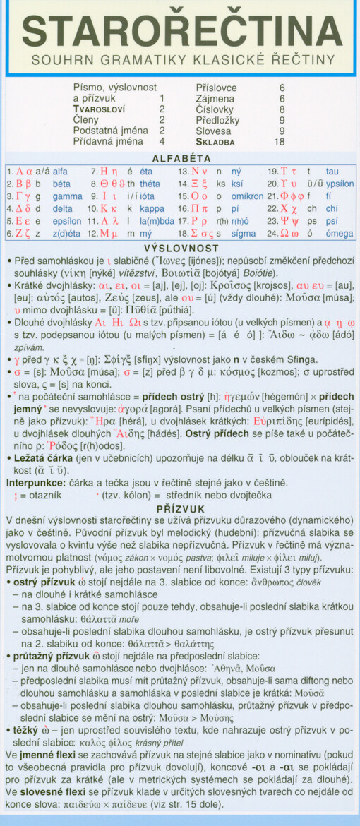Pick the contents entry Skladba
215,141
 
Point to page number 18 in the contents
280,141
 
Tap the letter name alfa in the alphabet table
61,172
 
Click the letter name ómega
338,234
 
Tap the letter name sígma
244,234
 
